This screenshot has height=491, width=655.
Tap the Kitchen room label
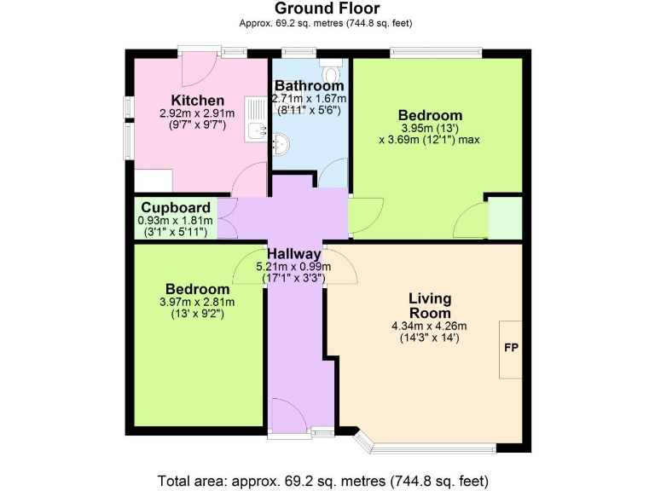pyautogui.click(x=197, y=101)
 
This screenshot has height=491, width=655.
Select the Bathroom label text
pyautogui.click(x=309, y=86)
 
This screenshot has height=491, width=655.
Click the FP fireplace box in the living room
pyautogui.click(x=510, y=349)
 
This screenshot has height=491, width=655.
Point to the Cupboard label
pyautogui.click(x=176, y=208)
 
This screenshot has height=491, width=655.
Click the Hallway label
pyautogui.click(x=294, y=254)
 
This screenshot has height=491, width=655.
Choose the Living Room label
pyautogui.click(x=429, y=306)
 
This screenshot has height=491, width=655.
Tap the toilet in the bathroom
pyautogui.click(x=331, y=62)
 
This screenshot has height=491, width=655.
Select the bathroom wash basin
pyautogui.click(x=280, y=146)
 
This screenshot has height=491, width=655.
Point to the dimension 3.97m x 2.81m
pyautogui.click(x=197, y=302)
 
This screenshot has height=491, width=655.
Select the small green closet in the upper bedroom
pyautogui.click(x=504, y=218)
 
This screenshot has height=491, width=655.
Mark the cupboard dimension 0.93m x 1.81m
pyautogui.click(x=175, y=220)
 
